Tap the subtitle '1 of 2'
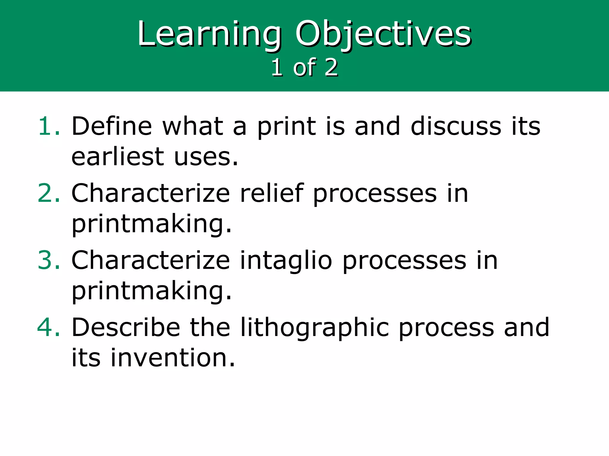(x=304, y=67)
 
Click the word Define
(x=112, y=126)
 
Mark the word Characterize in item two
(x=150, y=193)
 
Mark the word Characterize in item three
(x=150, y=260)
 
